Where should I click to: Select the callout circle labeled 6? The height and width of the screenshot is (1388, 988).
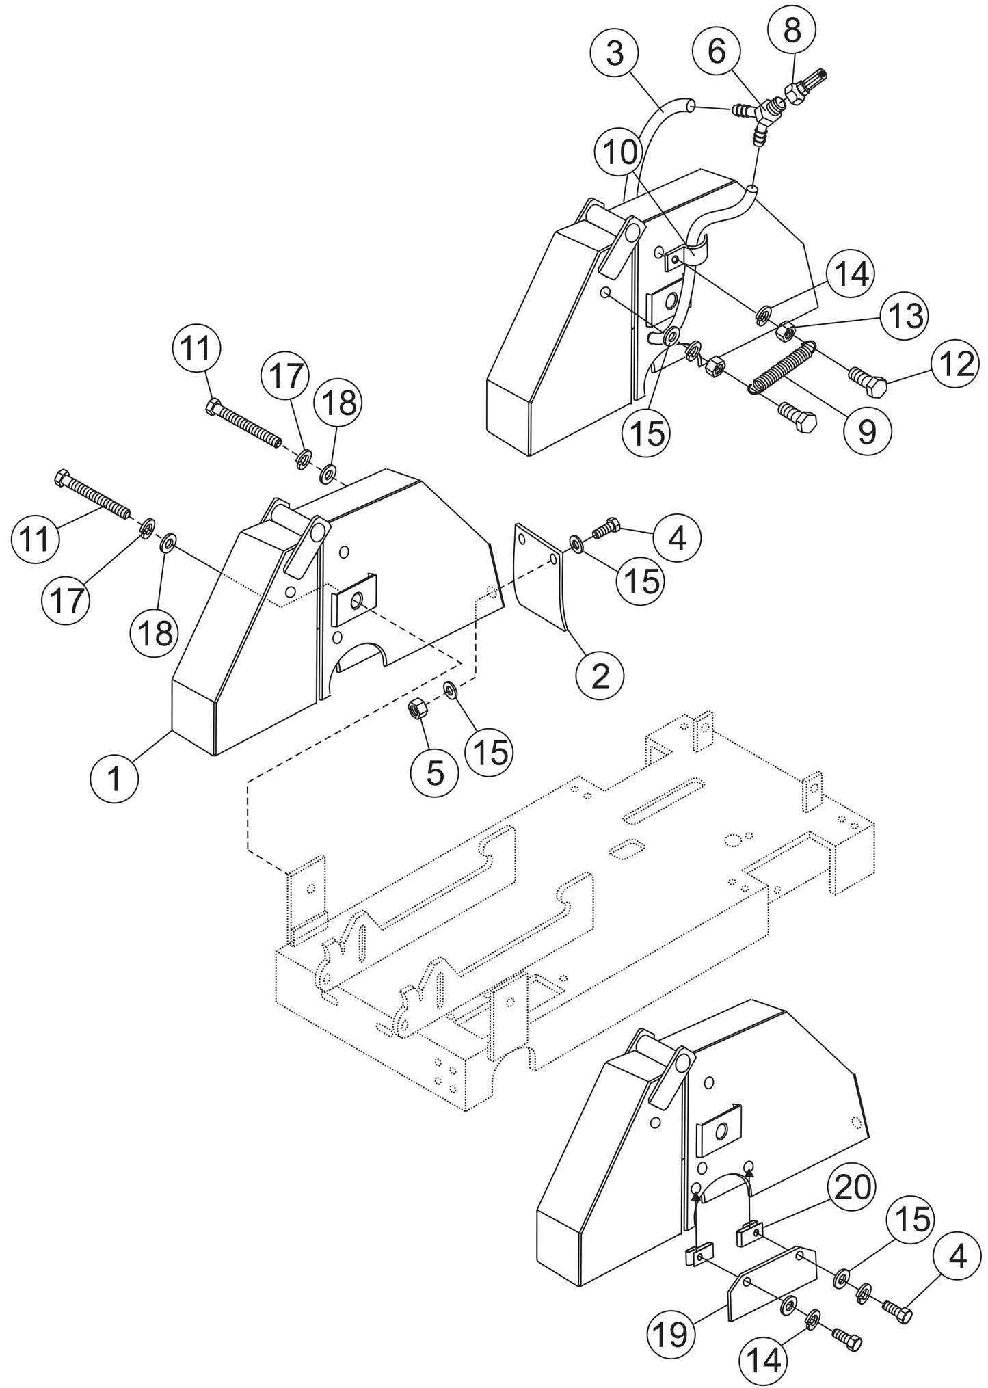point(716,51)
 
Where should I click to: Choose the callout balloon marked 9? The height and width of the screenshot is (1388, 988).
point(867,430)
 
